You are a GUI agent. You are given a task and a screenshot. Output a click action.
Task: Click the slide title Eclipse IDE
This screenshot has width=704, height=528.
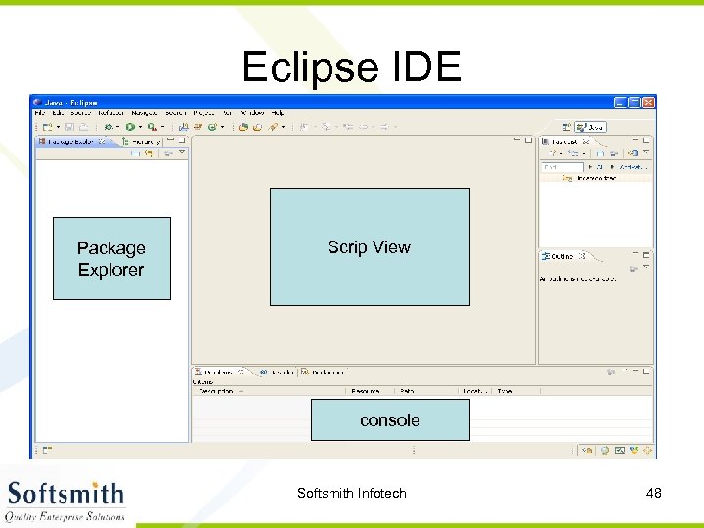(x=351, y=66)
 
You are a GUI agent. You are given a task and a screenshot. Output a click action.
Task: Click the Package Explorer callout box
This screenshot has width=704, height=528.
(x=111, y=258)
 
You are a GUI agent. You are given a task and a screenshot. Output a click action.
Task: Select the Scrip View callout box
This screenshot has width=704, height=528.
(x=370, y=246)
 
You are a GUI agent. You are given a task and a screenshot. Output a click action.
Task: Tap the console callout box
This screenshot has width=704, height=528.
(x=390, y=419)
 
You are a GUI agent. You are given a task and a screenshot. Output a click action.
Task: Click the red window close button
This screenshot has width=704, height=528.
(x=647, y=102)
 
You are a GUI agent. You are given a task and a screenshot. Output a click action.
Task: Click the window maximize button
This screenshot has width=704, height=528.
(x=634, y=102)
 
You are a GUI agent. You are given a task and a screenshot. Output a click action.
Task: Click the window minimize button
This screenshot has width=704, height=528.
(x=620, y=102)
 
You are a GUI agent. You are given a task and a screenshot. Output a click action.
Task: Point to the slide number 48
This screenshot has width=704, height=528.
(x=653, y=493)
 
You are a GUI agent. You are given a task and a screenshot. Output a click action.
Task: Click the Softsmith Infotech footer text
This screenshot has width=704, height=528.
(x=351, y=493)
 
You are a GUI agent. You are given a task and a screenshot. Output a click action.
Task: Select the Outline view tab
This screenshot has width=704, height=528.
(x=561, y=256)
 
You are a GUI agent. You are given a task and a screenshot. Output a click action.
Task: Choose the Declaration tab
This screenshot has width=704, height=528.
(x=324, y=372)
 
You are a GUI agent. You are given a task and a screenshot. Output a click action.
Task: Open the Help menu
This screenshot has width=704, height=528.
(x=277, y=112)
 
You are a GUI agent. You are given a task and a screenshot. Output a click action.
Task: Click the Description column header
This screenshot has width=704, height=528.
(x=217, y=391)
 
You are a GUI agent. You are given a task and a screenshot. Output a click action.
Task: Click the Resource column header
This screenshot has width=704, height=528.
(x=366, y=391)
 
